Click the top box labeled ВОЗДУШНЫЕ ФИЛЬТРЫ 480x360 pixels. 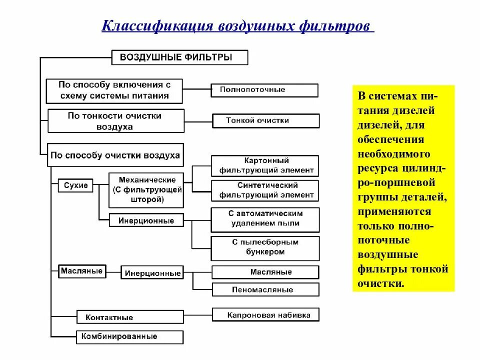(x=178, y=57)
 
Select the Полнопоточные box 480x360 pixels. (x=264, y=90)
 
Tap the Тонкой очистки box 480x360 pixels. (x=265, y=121)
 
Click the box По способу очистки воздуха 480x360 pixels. (x=114, y=155)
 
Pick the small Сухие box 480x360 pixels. (x=76, y=185)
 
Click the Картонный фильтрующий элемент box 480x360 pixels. (x=265, y=166)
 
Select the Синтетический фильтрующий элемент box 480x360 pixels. (x=265, y=190)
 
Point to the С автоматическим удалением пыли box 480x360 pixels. (x=265, y=219)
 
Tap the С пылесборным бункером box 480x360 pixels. (x=265, y=248)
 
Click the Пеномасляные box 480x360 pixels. (x=265, y=289)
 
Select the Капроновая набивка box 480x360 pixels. (x=265, y=315)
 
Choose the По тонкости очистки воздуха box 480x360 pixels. (x=115, y=121)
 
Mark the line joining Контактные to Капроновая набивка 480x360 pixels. (x=197, y=315)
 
